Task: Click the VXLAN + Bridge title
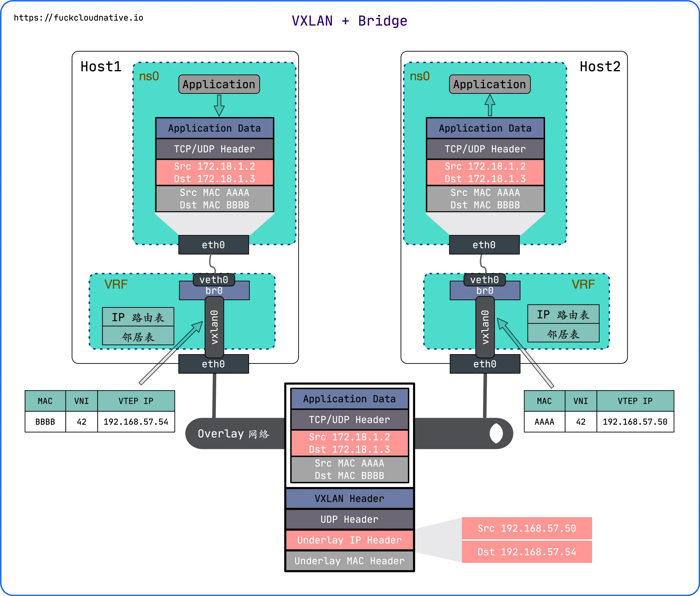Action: tap(350, 21)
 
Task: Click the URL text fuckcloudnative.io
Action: tap(98, 18)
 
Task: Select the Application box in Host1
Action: tap(219, 84)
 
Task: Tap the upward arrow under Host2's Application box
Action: tap(490, 105)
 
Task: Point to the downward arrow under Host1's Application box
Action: tap(219, 105)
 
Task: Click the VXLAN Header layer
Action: tap(350, 499)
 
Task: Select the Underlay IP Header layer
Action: tap(350, 540)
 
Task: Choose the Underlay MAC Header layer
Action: tap(350, 561)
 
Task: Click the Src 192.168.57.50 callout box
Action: tap(527, 528)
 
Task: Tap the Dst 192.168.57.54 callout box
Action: tap(527, 552)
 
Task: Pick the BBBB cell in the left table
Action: tap(45, 422)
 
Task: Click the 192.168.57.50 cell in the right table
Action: tap(635, 422)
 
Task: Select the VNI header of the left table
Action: tap(81, 401)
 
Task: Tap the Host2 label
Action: tap(600, 67)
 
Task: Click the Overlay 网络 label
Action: tap(234, 434)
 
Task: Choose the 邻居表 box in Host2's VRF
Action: tap(563, 334)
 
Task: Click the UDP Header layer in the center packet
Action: tap(350, 519)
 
